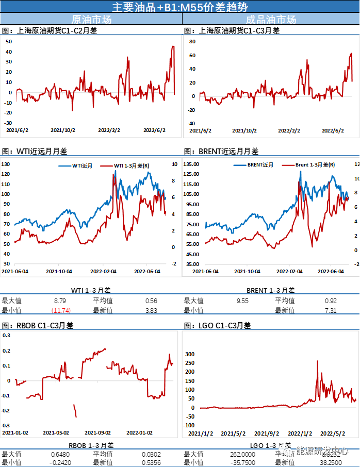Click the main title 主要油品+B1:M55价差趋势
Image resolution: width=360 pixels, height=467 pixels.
point(180,7)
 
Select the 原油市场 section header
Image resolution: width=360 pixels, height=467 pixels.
point(91,20)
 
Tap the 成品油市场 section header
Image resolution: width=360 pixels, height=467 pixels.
point(271,20)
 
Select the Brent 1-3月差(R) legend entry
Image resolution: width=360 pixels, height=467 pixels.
point(315,165)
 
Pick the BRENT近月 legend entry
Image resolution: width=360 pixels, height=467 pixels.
point(260,165)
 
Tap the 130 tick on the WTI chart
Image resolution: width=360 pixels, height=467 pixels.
point(6,164)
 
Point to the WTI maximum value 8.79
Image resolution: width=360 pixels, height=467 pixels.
point(60,301)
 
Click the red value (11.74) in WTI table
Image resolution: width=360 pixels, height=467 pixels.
point(60,310)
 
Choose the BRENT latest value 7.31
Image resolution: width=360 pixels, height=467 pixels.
point(331,310)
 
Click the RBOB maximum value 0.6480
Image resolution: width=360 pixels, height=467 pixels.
point(60,454)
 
